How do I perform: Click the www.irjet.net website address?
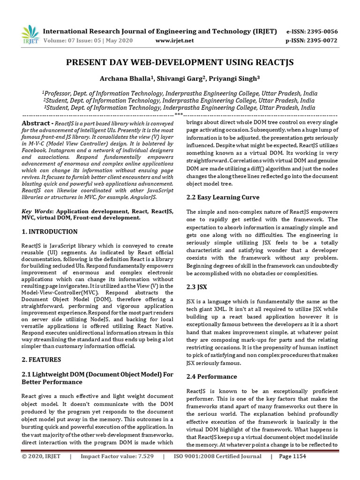click(174, 41)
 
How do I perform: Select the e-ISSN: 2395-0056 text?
click(312, 31)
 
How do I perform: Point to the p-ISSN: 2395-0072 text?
click(312, 41)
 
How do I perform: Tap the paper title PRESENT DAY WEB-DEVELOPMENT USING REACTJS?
click(180, 62)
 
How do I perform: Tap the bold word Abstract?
click(35, 123)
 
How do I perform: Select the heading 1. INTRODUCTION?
click(50, 232)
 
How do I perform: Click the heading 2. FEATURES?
click(41, 360)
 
